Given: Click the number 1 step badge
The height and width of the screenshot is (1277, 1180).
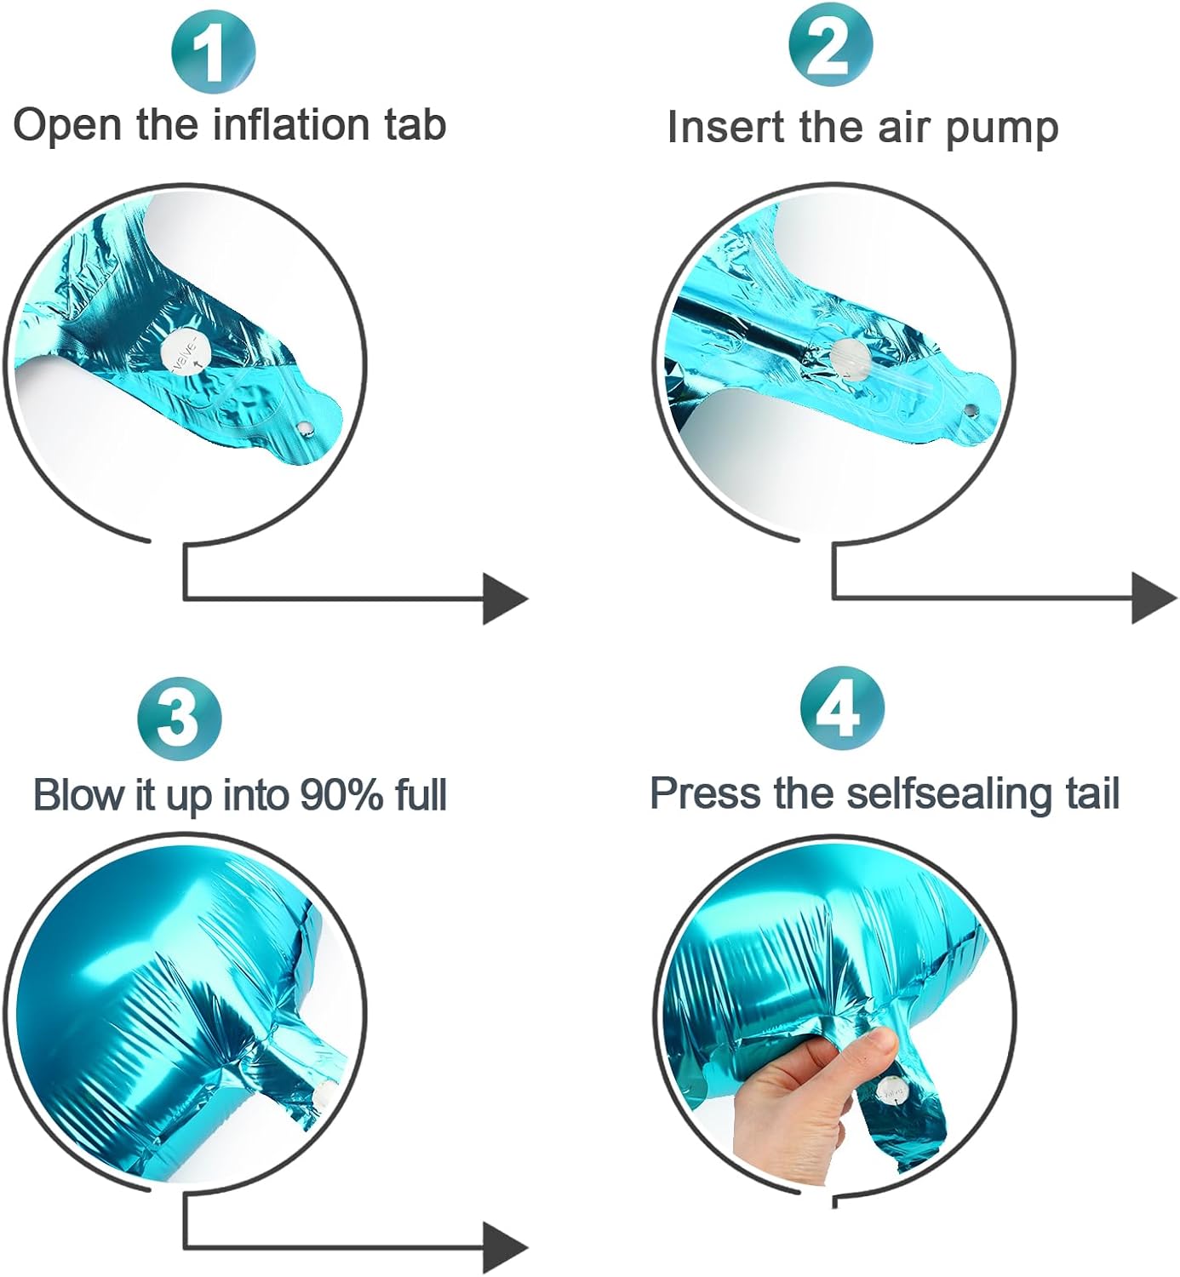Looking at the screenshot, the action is click(x=213, y=51).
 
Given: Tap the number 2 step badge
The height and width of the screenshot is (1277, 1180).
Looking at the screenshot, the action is click(x=831, y=46).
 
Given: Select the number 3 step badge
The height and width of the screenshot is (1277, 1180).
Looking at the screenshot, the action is click(x=180, y=719).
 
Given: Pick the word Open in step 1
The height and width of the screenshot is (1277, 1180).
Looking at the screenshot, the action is click(x=68, y=126).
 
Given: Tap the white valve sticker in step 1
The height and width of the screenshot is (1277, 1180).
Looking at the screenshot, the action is click(x=186, y=353).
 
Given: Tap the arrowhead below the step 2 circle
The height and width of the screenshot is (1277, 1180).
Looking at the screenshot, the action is click(x=1154, y=598).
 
